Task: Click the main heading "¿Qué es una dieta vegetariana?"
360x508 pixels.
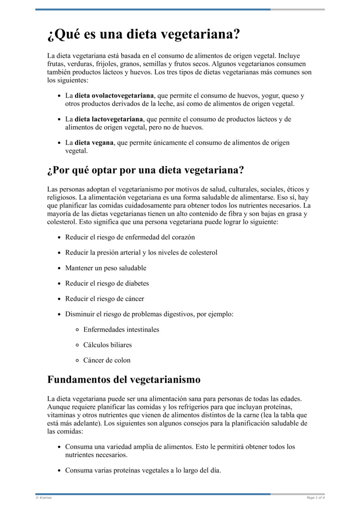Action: pos(143,35)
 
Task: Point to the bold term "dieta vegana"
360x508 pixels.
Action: pos(94,143)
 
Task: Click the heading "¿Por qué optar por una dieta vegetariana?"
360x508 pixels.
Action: pos(145,171)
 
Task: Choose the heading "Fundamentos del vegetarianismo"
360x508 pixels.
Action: pos(124,379)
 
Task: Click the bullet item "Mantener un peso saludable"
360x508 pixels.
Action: pos(106,268)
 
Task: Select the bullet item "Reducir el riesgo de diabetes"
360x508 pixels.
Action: pos(107,283)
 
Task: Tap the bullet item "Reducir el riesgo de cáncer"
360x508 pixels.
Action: pos(104,299)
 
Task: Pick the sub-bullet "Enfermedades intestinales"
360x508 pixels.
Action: pos(121,330)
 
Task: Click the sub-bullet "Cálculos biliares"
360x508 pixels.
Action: pos(108,345)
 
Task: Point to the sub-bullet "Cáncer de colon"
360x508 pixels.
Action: pos(107,360)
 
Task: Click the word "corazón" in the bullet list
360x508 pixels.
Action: pos(183,237)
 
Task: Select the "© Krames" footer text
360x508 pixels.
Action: pos(43,498)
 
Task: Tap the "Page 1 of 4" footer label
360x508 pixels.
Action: pos(315,498)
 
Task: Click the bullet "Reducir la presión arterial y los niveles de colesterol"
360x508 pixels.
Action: pos(141,253)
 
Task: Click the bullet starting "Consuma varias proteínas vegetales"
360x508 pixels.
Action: pos(143,471)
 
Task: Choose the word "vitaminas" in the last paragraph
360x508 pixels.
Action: pos(62,415)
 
